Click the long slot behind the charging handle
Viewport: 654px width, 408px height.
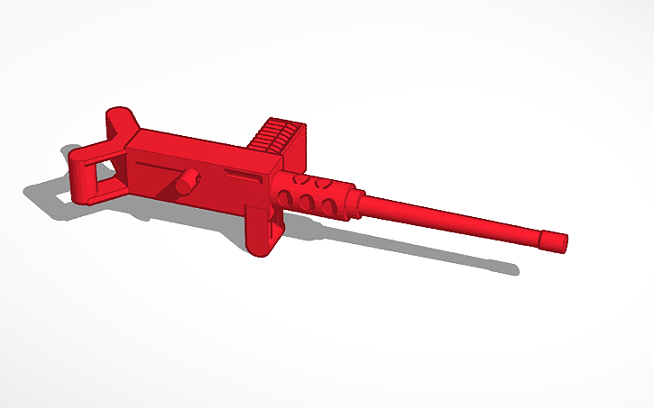point(157,166)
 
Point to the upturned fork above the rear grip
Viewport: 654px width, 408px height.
point(122,122)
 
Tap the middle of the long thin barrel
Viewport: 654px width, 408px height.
point(451,220)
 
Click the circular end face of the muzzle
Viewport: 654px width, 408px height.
point(565,241)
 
